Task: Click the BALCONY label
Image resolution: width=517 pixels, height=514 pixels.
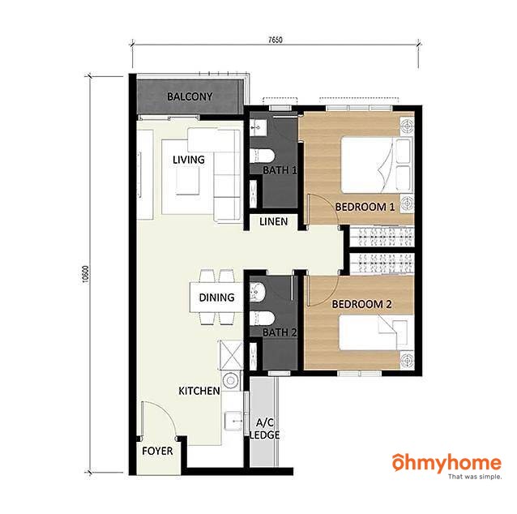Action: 190,96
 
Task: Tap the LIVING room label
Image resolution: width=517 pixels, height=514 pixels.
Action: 189,160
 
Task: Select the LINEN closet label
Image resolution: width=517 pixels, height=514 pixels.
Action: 273,221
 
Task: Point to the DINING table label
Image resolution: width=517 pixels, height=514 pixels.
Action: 216,298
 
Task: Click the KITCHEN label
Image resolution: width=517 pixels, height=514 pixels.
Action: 199,391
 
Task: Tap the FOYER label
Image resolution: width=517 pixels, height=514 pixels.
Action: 157,451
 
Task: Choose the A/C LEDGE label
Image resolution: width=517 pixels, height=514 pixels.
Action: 265,429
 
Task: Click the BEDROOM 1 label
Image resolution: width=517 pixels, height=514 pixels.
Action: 365,207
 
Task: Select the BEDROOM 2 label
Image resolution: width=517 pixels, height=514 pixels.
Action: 361,304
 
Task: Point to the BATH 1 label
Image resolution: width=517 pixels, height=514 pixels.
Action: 280,170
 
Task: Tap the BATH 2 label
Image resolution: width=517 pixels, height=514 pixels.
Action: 280,332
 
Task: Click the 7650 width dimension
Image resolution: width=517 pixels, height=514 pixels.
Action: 276,40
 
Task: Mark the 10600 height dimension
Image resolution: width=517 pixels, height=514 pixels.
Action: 86,274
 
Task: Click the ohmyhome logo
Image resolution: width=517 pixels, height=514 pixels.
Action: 446,466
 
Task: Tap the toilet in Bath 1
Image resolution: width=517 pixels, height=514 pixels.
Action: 262,156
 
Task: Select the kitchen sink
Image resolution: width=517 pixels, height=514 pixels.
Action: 233,421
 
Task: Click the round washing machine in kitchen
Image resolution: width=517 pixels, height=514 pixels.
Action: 231,380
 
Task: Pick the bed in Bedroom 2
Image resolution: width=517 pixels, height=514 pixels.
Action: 377,332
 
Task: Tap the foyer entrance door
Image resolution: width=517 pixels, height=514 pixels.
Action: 160,420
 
